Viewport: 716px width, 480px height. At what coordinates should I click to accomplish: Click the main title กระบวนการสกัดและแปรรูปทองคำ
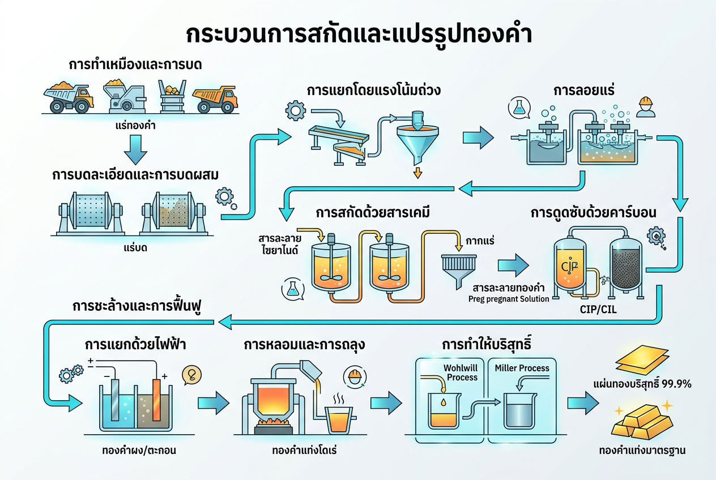click(359, 35)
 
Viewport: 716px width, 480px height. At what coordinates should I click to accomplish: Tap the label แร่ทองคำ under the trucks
click(135, 126)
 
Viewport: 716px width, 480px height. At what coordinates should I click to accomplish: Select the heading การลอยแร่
click(583, 90)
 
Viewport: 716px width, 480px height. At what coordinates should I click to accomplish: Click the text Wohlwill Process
click(461, 372)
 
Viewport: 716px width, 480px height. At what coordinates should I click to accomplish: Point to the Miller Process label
click(522, 368)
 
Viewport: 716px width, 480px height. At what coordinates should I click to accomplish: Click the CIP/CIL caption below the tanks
click(598, 310)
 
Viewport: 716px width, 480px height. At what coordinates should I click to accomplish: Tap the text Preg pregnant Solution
click(509, 299)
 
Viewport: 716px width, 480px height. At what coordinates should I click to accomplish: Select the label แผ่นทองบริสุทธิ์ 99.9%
click(642, 384)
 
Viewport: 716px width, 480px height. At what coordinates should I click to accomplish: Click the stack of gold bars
click(642, 422)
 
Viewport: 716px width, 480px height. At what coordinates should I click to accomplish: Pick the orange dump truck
click(215, 99)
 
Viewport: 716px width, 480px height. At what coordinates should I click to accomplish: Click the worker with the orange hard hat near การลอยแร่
click(645, 107)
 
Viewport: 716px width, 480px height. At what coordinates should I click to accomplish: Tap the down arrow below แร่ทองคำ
click(135, 149)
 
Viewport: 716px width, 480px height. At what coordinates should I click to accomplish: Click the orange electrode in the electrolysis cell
click(156, 400)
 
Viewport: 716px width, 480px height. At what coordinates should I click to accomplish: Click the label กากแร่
click(480, 241)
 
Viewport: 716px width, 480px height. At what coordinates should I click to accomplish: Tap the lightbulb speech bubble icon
click(192, 375)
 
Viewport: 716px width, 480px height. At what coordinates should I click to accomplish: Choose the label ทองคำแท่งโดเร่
click(304, 451)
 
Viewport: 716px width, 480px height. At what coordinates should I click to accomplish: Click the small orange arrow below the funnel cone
click(417, 173)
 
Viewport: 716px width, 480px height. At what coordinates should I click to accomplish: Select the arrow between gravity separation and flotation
click(478, 138)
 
